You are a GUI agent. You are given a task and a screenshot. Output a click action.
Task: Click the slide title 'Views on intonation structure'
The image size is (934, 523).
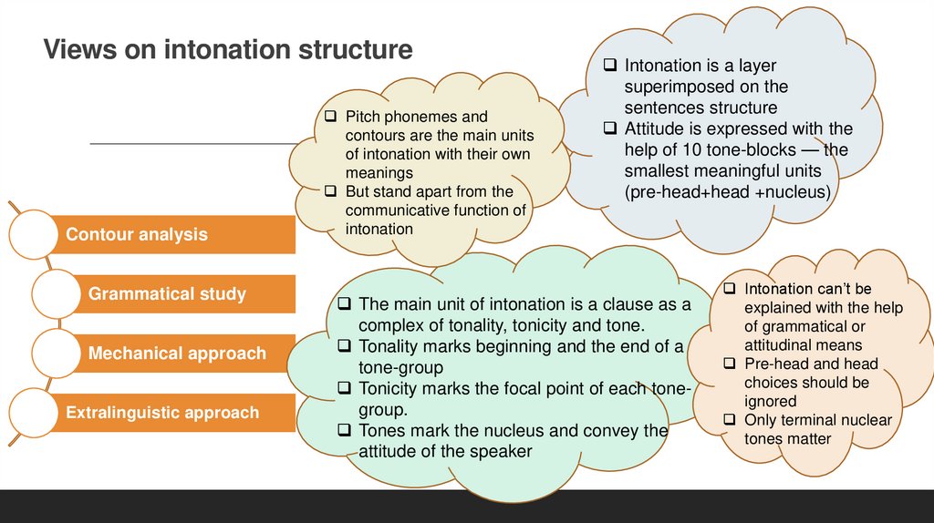(228, 49)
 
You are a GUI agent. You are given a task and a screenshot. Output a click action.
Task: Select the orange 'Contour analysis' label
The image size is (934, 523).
(137, 235)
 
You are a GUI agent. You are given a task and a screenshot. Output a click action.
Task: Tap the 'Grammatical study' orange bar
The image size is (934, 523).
(167, 294)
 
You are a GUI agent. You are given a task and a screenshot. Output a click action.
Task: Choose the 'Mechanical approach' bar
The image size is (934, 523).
(177, 354)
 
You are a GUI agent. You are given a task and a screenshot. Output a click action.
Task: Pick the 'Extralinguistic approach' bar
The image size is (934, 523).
(162, 413)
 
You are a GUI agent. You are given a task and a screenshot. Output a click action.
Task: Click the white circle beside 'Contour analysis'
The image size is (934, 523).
(36, 235)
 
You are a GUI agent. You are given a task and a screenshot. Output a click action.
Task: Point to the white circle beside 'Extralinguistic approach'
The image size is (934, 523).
(36, 413)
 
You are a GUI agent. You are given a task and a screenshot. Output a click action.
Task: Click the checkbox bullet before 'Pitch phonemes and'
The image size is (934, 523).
(332, 117)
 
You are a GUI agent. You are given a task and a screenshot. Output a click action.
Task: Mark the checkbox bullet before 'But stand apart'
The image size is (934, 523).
(332, 191)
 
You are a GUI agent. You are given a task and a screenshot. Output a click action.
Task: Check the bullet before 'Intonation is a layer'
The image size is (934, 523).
(610, 67)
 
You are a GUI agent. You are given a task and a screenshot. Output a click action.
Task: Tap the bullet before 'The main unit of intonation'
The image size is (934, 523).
(345, 304)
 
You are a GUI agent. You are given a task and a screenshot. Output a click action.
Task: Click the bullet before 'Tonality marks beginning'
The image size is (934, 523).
(345, 346)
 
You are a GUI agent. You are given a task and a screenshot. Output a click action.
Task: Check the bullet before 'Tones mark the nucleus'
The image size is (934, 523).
(345, 430)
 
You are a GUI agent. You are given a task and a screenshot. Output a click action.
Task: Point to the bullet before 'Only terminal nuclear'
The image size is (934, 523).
(731, 420)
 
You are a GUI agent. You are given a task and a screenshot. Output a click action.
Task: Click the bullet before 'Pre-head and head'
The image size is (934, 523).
(731, 364)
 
